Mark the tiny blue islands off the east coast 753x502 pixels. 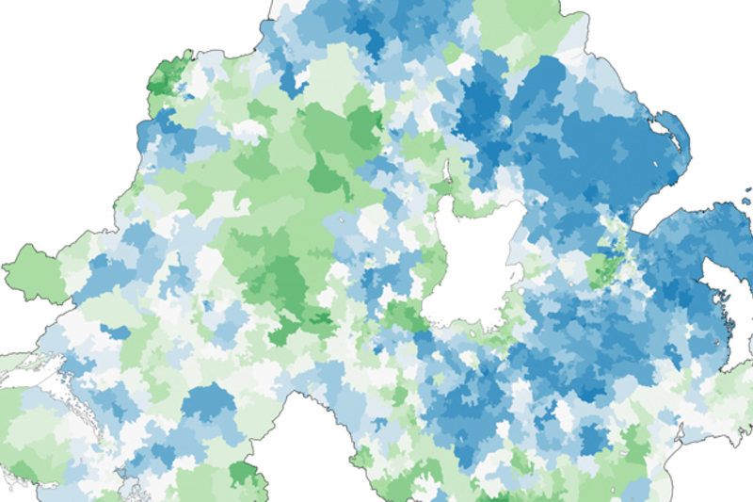click(x=747, y=198)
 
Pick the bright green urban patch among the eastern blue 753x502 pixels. click(x=603, y=268)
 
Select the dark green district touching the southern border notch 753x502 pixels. click(x=244, y=472)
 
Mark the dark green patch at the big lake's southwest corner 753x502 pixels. click(x=405, y=316)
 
